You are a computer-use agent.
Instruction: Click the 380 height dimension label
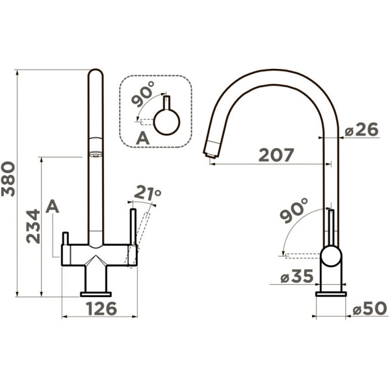(x=8, y=179)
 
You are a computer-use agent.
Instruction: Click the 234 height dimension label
(x=33, y=226)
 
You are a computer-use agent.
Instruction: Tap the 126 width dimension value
(x=102, y=308)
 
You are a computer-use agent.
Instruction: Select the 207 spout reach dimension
(x=276, y=155)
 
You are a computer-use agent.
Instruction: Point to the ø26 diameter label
(x=361, y=129)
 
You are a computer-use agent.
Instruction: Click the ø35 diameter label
(x=297, y=276)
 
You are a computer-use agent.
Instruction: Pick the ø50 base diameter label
(x=370, y=309)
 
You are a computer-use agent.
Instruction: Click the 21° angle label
(x=148, y=193)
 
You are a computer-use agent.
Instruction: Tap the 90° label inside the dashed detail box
(x=143, y=94)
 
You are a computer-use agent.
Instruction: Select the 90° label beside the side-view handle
(x=294, y=210)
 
